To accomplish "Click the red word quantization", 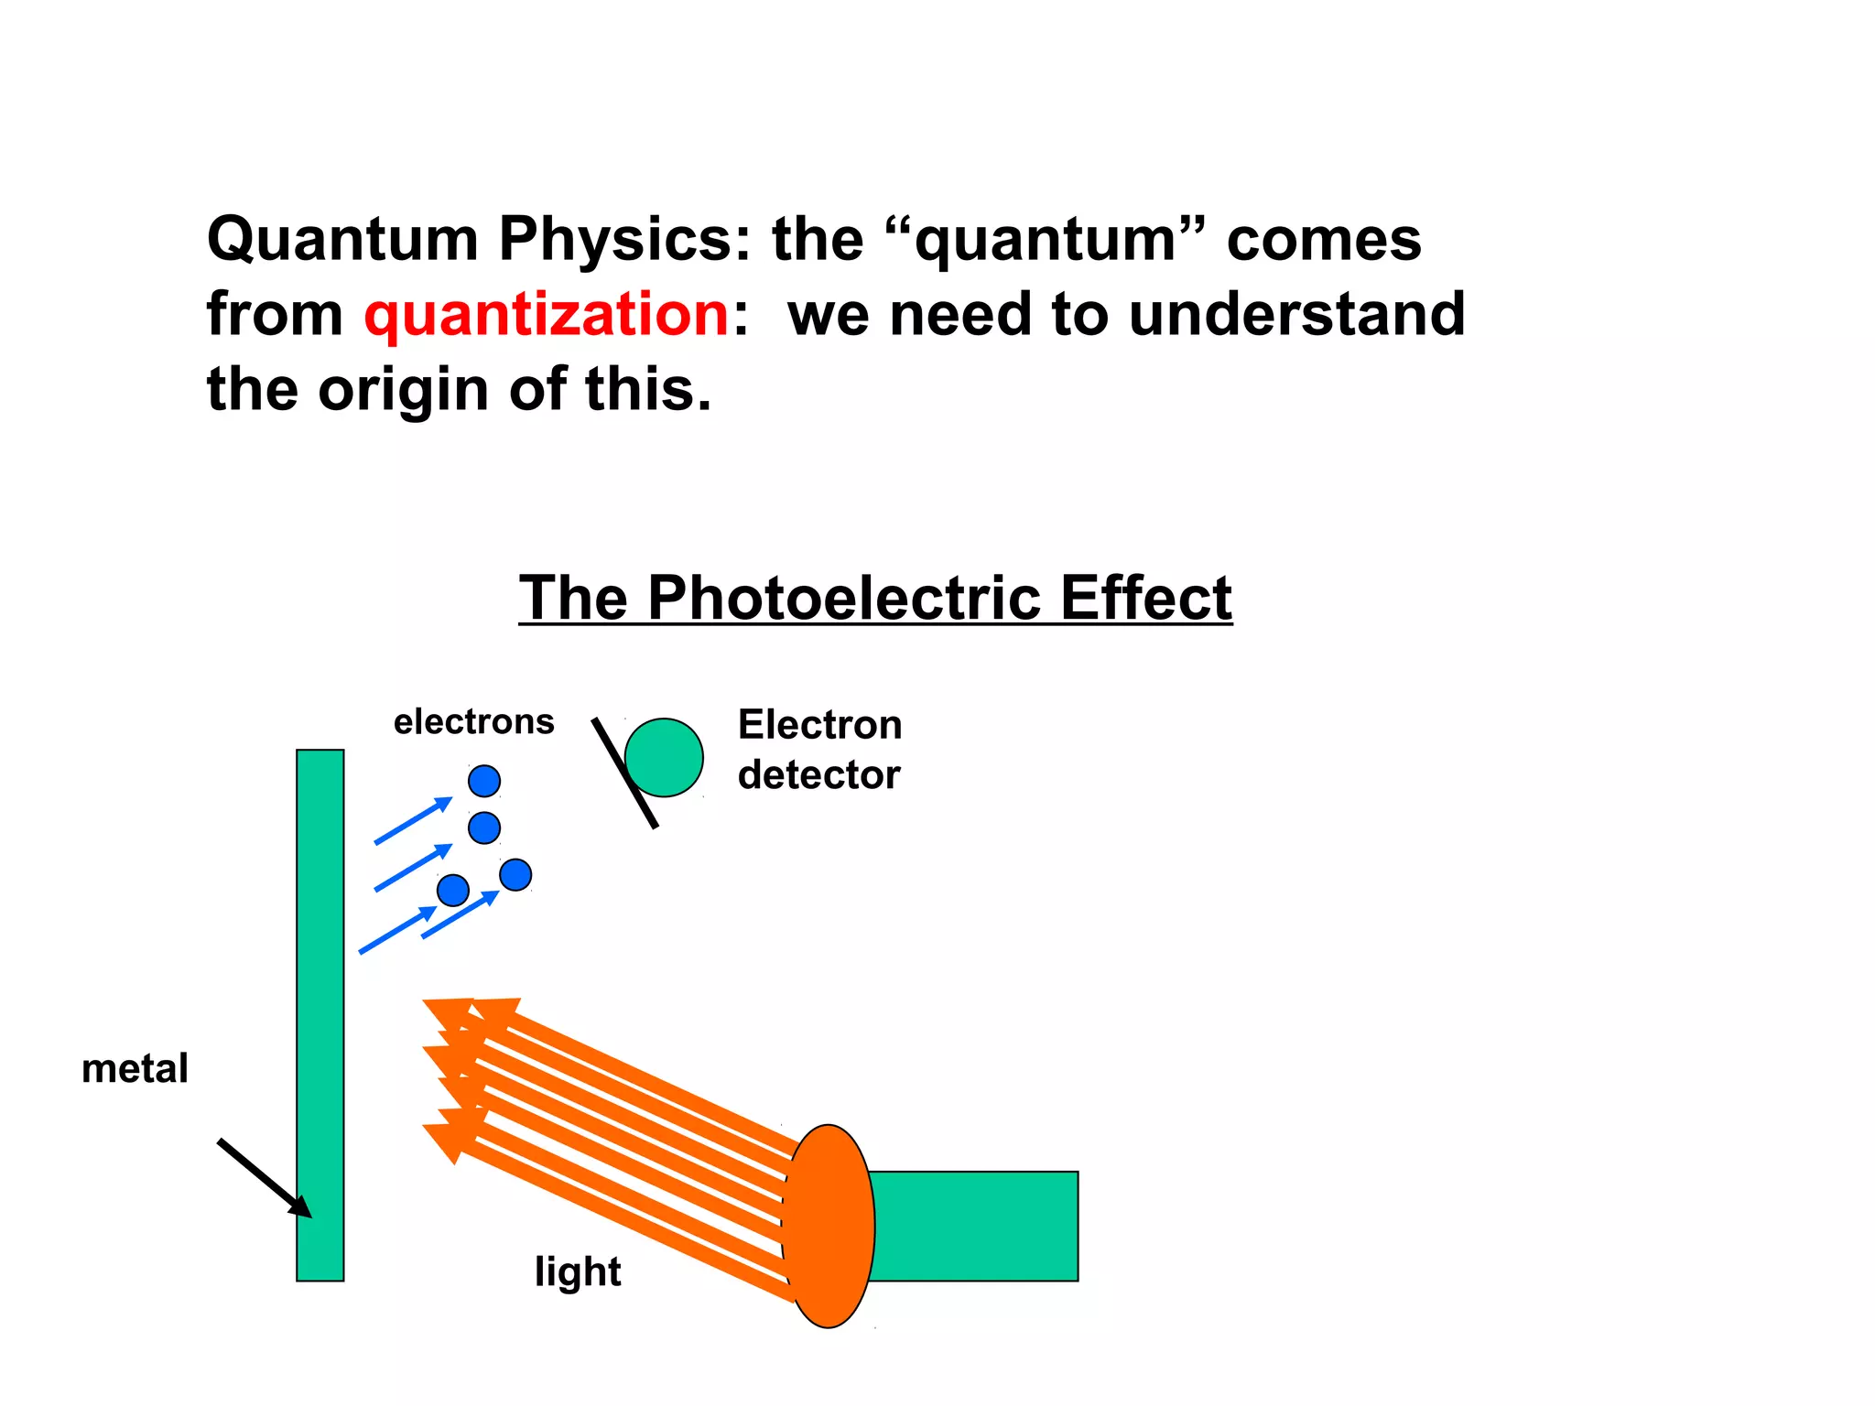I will point(546,315).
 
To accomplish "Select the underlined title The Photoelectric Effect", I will point(875,599).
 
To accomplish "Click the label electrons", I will point(473,722).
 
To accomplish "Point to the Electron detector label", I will point(819,750).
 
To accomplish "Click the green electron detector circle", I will point(667,757).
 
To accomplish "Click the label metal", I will point(135,1069).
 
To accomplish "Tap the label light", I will point(578,1272).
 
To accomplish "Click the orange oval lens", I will point(829,1226).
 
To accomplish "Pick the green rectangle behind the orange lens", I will point(975,1226).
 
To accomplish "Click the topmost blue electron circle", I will point(484,781).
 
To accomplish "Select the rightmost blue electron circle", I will point(515,875).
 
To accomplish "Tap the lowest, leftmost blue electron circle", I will point(453,890).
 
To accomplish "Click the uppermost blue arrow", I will point(413,820).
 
